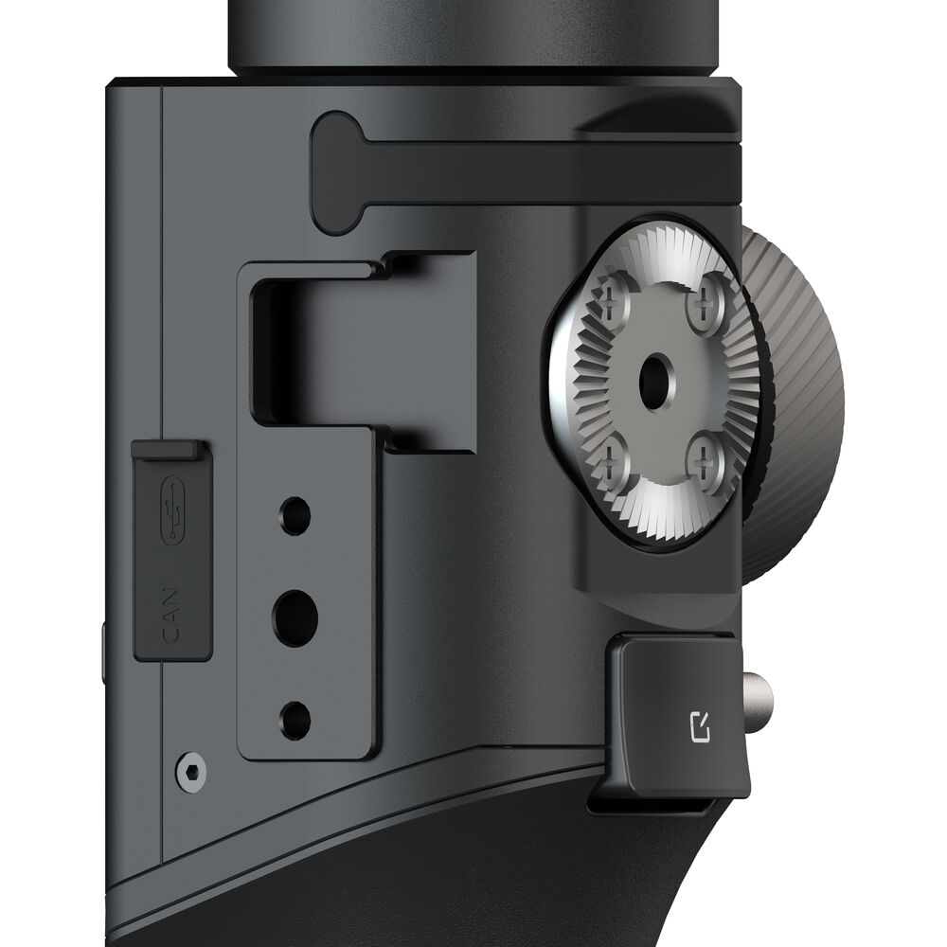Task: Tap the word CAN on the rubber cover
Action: tap(170, 615)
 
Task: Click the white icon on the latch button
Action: tap(700, 726)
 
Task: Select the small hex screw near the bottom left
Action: tap(191, 772)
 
